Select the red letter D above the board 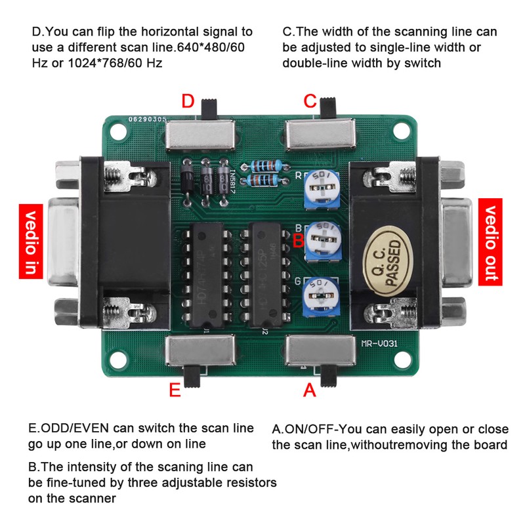(188, 101)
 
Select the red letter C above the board (310, 101)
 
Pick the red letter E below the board (175, 390)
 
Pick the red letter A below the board (310, 390)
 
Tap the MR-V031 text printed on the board (380, 342)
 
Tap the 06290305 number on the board (148, 120)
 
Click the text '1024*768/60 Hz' (106, 63)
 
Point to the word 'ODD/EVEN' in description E (75, 428)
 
